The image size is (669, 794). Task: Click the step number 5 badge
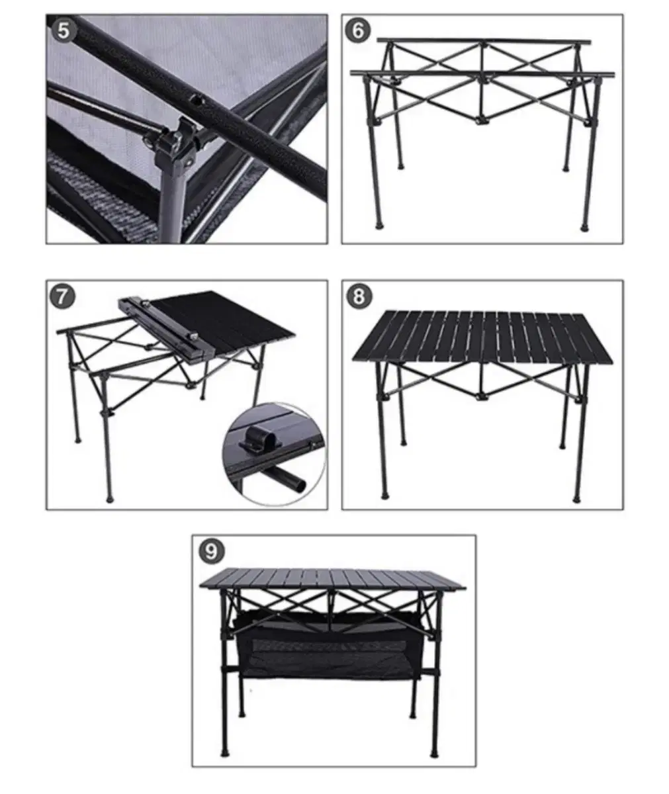point(64,30)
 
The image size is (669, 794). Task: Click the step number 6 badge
point(358,30)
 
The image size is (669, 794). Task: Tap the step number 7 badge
point(62,297)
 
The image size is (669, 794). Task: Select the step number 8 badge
point(359,296)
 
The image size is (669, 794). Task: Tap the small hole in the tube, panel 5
point(197,101)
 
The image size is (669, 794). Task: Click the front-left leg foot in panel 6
point(379,226)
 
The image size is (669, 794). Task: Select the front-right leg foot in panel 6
point(584,228)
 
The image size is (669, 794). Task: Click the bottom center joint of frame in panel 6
point(482,120)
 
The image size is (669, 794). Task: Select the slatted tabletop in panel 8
point(482,338)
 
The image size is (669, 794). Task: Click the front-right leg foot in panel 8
point(577,499)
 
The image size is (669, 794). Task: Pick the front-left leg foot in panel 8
point(384,496)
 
